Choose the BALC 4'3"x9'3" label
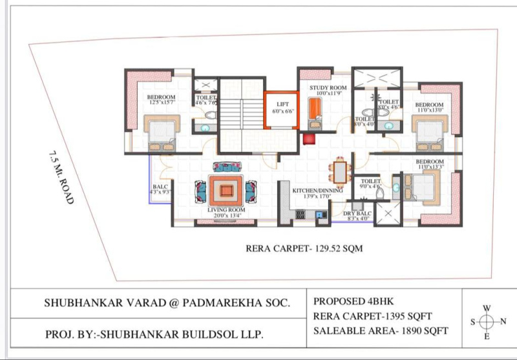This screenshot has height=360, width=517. [159, 189]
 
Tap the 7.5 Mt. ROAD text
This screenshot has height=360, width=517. [59, 177]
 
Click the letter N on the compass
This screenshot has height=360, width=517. [504, 321]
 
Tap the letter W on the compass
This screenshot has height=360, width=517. [487, 308]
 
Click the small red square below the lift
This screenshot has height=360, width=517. [309, 138]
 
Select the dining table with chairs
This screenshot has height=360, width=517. [339, 171]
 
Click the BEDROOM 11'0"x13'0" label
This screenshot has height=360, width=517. [429, 108]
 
